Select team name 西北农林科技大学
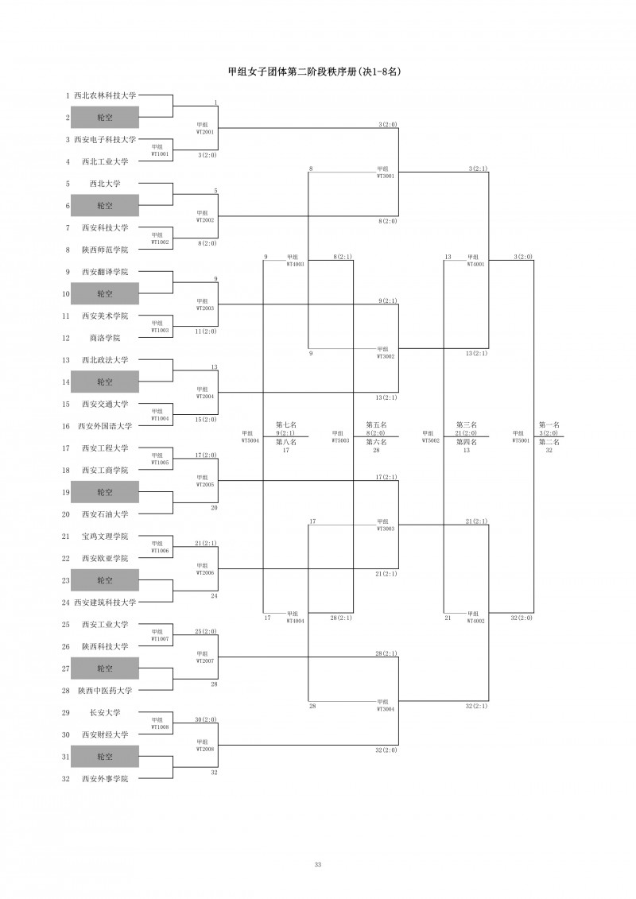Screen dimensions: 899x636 point(105,95)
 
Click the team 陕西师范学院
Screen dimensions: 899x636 point(105,250)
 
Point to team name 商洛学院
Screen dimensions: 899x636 point(105,338)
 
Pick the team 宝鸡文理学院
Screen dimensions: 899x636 point(105,537)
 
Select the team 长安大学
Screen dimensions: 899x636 point(105,713)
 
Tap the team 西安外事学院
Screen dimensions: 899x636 point(105,779)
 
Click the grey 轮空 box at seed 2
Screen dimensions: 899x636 point(105,118)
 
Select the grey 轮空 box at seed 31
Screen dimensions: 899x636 point(105,757)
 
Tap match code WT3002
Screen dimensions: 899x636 point(385,356)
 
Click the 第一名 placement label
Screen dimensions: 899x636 point(549,425)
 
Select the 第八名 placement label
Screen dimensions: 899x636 point(286,442)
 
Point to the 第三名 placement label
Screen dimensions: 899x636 point(466,425)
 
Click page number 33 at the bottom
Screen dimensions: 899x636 point(318,864)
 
